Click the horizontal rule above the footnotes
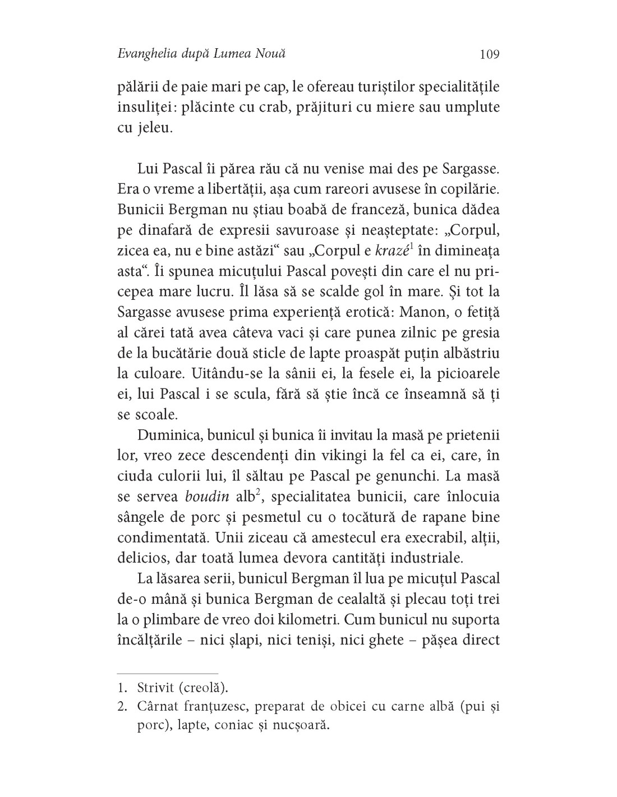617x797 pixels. (167, 672)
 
